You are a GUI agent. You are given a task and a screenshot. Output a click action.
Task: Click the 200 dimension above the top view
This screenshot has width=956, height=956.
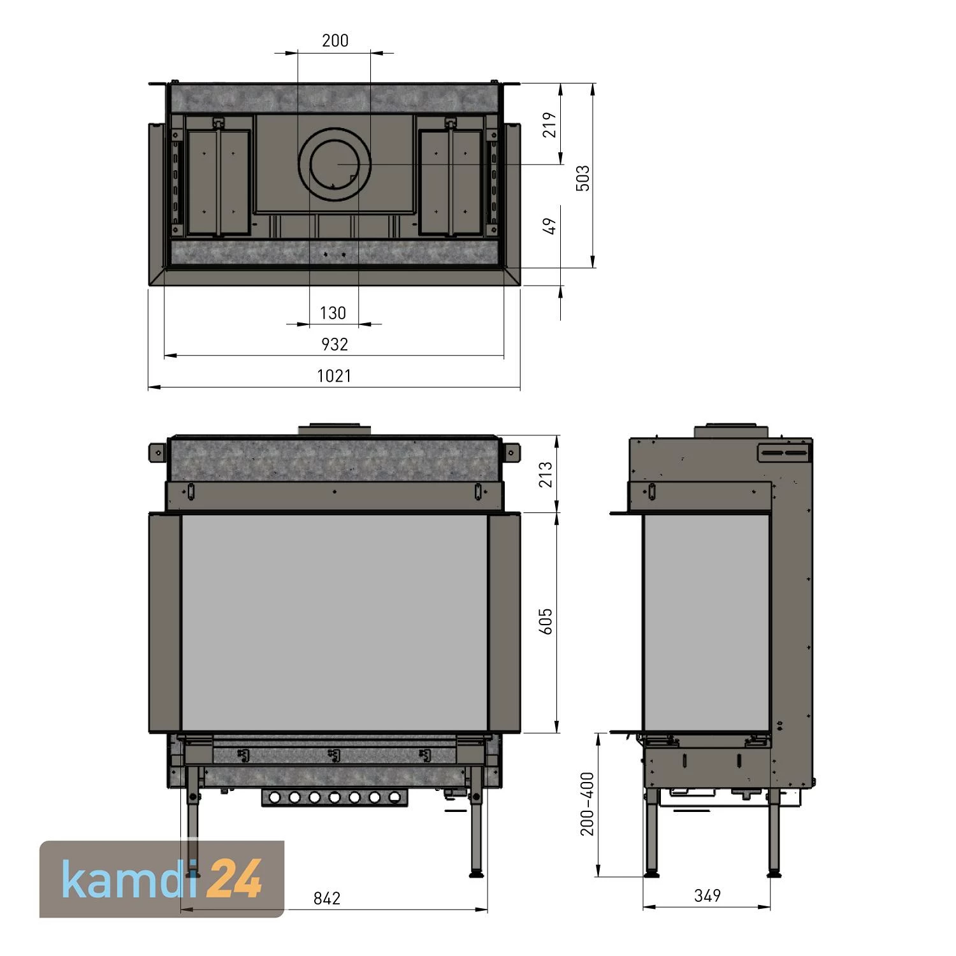click(335, 41)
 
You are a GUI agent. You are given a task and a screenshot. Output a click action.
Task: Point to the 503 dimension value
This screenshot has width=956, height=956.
click(583, 178)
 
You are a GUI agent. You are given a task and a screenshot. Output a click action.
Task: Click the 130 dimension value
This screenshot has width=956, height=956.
click(333, 313)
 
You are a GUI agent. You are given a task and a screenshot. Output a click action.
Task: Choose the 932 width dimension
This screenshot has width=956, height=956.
click(335, 345)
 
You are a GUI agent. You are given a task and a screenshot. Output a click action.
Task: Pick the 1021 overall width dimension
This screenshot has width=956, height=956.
click(334, 376)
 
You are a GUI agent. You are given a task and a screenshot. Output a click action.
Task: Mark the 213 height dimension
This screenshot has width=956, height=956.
click(546, 474)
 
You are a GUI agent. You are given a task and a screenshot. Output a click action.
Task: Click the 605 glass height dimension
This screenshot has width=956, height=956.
click(546, 621)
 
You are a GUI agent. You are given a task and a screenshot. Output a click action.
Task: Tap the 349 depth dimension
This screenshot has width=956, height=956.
click(707, 895)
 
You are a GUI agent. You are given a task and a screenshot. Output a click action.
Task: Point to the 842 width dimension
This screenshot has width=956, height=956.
click(327, 898)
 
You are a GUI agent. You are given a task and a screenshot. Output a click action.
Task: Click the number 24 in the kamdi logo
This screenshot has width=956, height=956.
click(235, 880)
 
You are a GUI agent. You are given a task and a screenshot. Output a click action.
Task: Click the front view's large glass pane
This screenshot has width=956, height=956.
click(335, 621)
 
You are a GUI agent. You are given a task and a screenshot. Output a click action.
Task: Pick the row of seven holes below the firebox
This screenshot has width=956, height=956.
click(334, 797)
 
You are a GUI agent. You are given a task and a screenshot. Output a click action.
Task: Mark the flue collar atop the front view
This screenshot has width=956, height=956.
click(334, 430)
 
